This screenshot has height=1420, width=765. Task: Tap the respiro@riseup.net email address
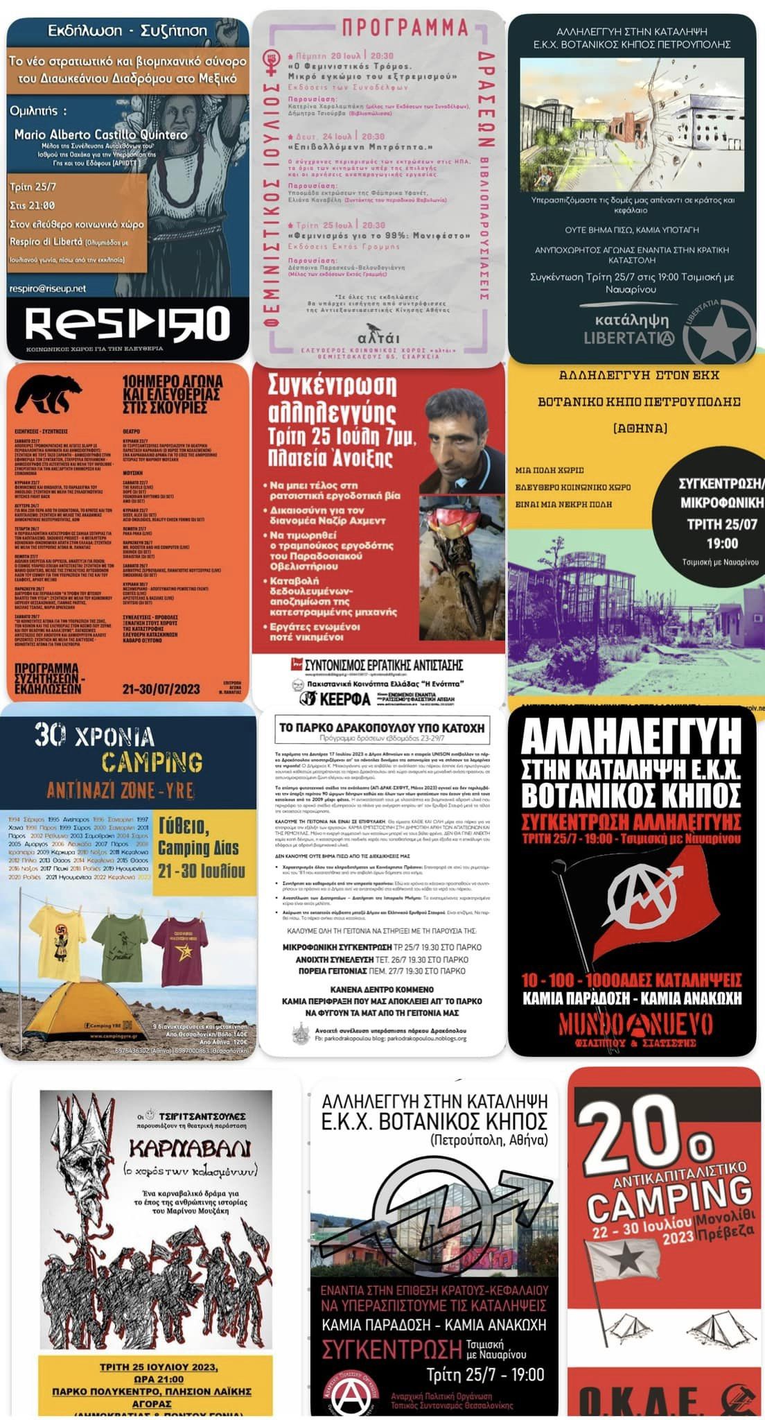tap(48, 288)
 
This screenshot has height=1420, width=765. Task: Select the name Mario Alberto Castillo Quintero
tap(101, 135)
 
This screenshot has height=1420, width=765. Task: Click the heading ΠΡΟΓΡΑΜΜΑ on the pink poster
tap(405, 28)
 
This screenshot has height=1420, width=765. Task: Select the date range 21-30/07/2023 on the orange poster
tap(161, 689)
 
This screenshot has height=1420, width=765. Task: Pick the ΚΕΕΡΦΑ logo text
tap(345, 698)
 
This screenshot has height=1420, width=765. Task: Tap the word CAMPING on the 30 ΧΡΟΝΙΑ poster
tap(152, 762)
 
